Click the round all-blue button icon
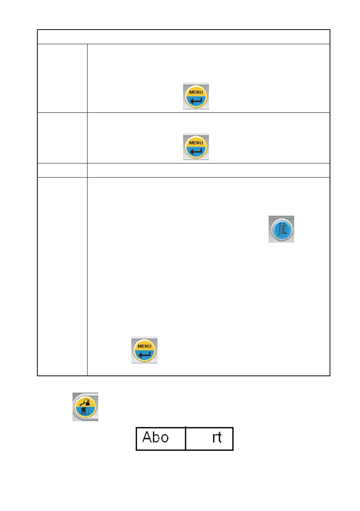281,229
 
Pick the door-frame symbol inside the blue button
282,229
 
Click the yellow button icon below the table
85,406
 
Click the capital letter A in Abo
146,438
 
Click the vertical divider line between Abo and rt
186,438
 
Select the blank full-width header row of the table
183,37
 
